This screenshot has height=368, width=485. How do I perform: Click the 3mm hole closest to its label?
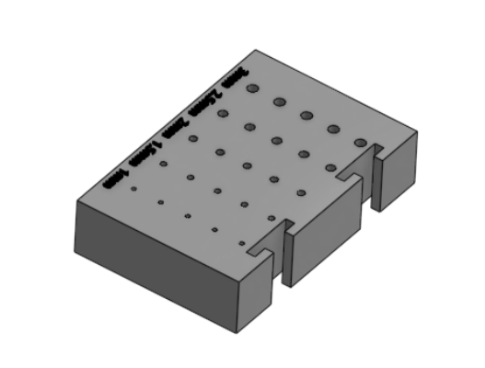coord(252,88)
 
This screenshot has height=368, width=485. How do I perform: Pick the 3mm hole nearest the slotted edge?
coord(361,142)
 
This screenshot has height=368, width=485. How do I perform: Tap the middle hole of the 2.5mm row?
coord(276,140)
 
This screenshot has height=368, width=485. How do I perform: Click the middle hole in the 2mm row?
coord(247,166)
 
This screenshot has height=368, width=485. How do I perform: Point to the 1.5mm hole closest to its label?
coord(163,164)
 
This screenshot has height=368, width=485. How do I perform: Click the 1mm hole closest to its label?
coord(133,189)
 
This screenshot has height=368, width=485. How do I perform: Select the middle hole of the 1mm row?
coord(187,216)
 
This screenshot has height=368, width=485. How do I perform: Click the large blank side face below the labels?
coord(156,267)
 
